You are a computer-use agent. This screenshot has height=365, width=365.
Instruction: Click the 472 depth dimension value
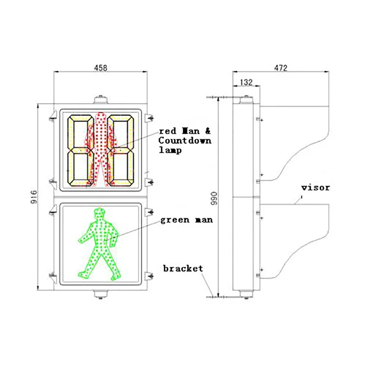(x=280, y=68)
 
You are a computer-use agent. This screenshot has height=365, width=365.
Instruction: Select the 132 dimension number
(x=246, y=83)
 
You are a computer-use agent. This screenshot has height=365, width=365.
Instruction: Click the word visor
(x=315, y=188)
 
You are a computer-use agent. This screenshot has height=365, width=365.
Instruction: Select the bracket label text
(x=183, y=269)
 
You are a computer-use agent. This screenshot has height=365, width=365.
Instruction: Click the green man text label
(x=186, y=220)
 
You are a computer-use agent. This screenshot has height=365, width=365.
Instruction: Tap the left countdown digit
(x=80, y=150)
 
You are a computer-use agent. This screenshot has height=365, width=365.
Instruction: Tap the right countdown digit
(x=120, y=150)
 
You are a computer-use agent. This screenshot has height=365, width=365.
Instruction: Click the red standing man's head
(x=101, y=117)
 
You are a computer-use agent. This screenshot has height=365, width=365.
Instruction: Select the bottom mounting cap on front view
(x=101, y=293)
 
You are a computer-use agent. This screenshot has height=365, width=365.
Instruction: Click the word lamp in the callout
(x=169, y=151)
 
